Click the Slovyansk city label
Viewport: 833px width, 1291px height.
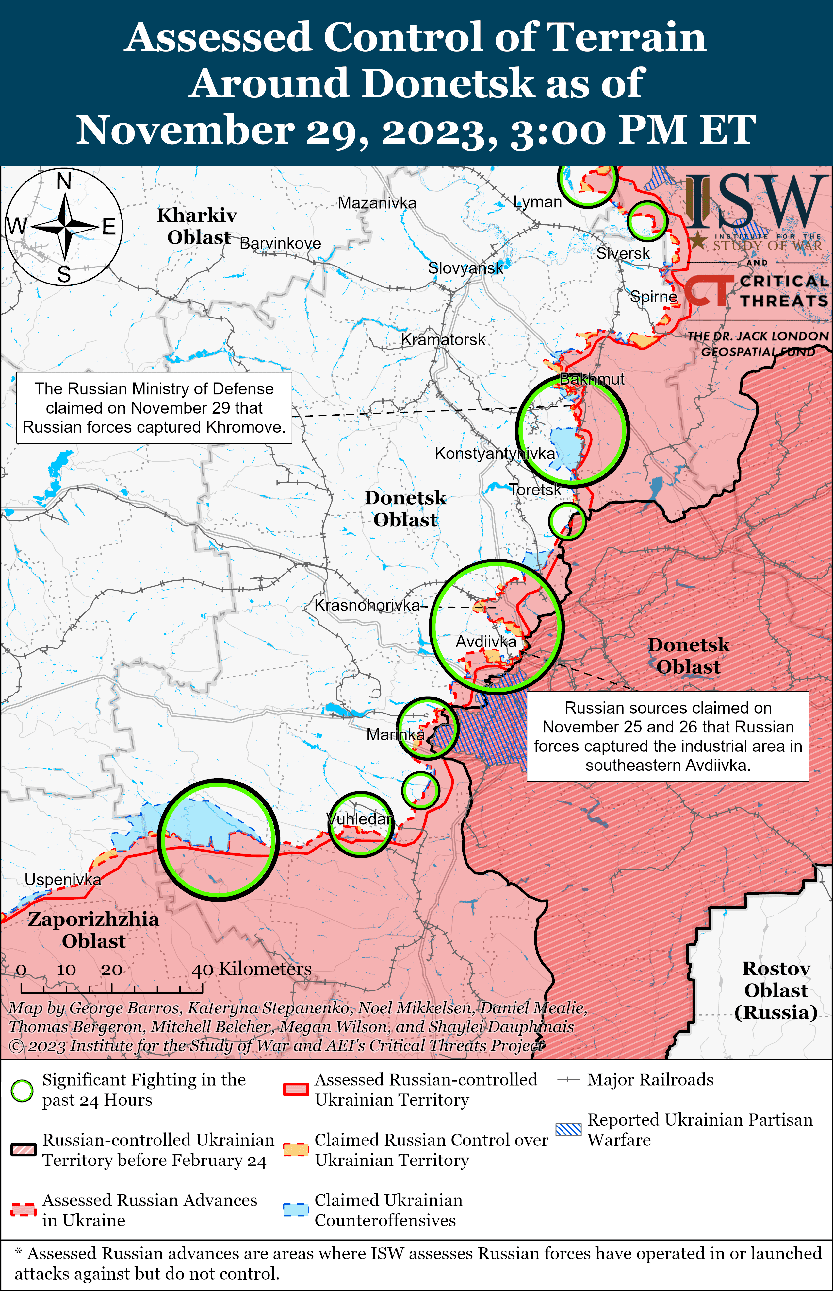coord(465,268)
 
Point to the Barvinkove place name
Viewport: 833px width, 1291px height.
coord(280,244)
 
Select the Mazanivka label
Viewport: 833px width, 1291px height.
coord(377,203)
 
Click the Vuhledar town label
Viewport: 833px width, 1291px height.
coord(360,819)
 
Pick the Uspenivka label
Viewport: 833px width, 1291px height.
coord(63,880)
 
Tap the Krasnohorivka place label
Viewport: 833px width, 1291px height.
coord(367,605)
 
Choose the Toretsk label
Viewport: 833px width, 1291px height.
coord(535,490)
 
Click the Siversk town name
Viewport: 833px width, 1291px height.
coord(623,253)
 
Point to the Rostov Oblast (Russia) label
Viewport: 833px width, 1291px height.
coord(776,990)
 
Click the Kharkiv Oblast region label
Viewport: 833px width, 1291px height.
coord(197,226)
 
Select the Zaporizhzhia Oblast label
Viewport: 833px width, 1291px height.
coord(93,930)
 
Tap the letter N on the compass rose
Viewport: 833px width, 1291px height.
coord(64,181)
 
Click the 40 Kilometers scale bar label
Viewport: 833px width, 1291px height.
coord(252,969)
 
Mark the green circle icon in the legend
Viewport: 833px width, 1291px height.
coord(22,1091)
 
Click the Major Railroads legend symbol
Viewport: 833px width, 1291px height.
coord(568,1080)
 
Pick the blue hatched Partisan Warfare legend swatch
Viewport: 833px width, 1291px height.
coord(568,1130)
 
